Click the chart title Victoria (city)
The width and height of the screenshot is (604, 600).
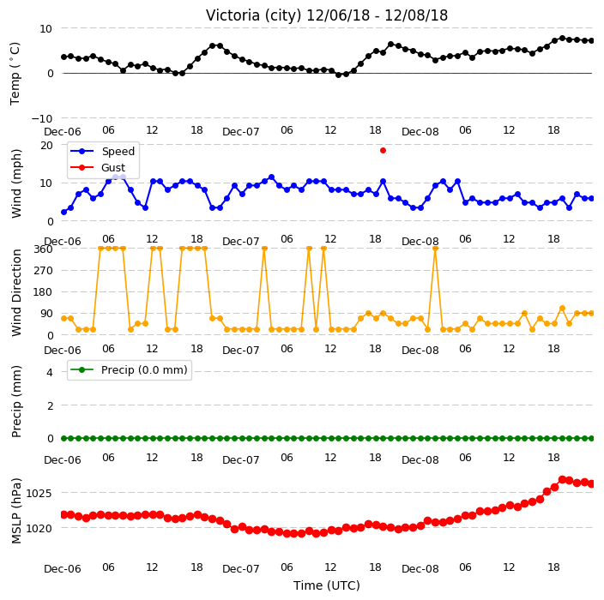[253, 15]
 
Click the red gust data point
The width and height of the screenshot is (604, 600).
[383, 151]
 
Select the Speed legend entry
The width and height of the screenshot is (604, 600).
[102, 151]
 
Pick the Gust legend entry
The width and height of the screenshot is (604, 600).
[98, 167]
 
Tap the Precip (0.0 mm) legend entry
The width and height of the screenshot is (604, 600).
[129, 369]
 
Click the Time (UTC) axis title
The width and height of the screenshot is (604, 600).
[327, 585]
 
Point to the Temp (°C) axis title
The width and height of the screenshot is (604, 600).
[15, 74]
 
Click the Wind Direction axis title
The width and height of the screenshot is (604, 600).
[16, 292]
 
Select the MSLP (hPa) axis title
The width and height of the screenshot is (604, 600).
[16, 511]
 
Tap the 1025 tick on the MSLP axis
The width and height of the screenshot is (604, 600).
[39, 493]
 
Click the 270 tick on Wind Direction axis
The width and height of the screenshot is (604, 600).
[43, 271]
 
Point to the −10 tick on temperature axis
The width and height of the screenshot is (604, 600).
[41, 118]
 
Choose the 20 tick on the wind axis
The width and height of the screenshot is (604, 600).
[46, 146]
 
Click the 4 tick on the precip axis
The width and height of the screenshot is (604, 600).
[50, 372]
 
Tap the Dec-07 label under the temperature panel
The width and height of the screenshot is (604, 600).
[241, 132]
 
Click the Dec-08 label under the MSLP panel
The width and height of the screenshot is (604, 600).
[420, 569]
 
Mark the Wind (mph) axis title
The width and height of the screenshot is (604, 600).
[16, 183]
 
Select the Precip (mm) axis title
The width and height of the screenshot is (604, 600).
[16, 402]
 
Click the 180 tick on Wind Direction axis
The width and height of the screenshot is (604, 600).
[43, 292]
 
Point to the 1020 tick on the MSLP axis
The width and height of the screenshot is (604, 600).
[39, 528]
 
